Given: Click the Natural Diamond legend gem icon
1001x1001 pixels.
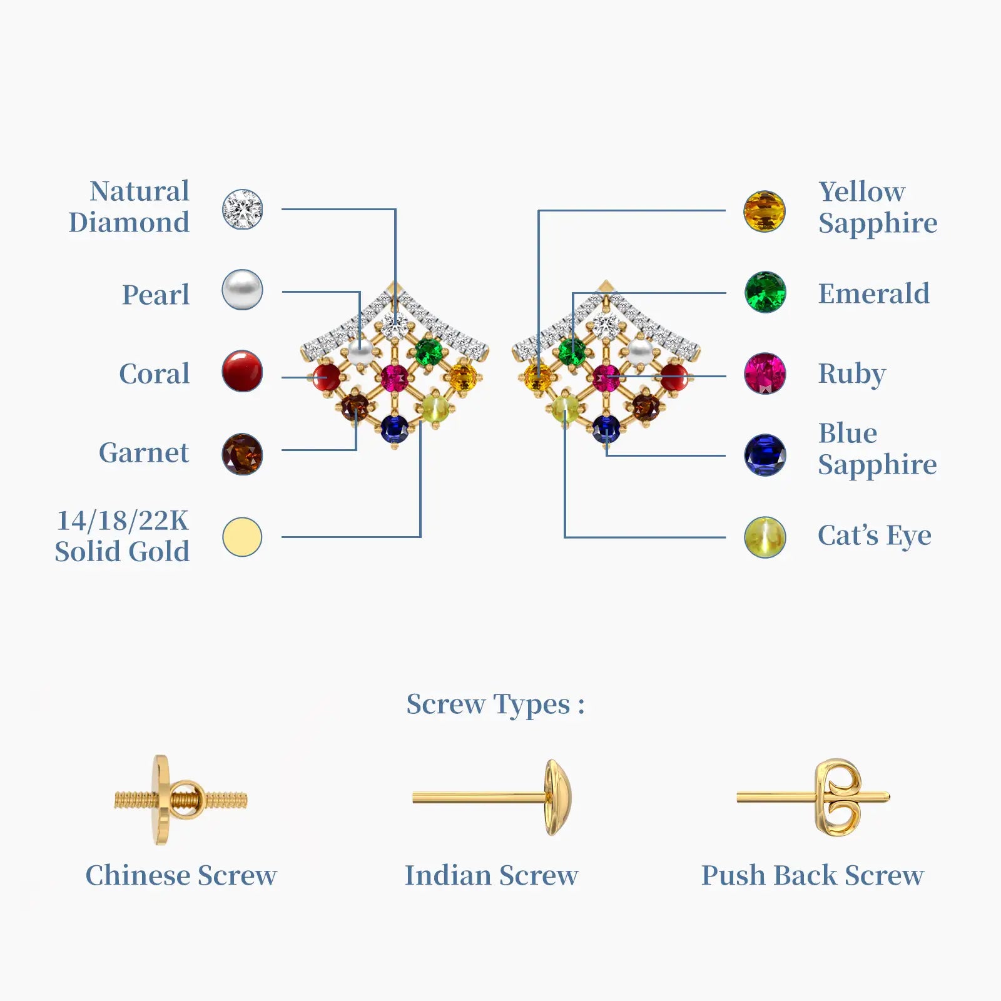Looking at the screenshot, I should pyautogui.click(x=243, y=209).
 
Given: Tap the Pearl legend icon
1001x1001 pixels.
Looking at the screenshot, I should pyautogui.click(x=243, y=290).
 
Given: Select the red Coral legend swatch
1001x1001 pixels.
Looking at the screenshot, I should pyautogui.click(x=243, y=371).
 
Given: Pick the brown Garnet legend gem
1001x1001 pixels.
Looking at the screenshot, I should pyautogui.click(x=243, y=454).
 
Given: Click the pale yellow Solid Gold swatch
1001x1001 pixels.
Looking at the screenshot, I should pyautogui.click(x=243, y=537).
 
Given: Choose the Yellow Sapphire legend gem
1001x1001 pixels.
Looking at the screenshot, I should pyautogui.click(x=765, y=211).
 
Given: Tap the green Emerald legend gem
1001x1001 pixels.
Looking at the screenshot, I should pyautogui.click(x=765, y=292).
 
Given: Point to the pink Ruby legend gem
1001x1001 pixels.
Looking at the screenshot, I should pyautogui.click(x=765, y=373).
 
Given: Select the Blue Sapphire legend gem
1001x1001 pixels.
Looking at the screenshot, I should pyautogui.click(x=765, y=455).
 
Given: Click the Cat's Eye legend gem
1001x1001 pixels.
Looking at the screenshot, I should pyautogui.click(x=765, y=537).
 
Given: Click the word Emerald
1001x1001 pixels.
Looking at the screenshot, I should pyautogui.click(x=873, y=293).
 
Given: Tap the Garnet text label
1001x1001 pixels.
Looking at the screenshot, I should pyautogui.click(x=144, y=452).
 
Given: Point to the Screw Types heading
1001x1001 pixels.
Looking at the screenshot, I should pyautogui.click(x=495, y=704).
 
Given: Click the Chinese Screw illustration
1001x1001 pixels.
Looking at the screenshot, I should pyautogui.click(x=180, y=800).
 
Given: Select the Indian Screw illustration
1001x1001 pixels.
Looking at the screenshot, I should pyautogui.click(x=492, y=798).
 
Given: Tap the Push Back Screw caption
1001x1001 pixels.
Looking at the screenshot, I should pyautogui.click(x=812, y=875).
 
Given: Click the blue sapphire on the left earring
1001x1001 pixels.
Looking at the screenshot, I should pyautogui.click(x=394, y=429).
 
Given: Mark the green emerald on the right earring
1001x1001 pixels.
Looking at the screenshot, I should pyautogui.click(x=572, y=352).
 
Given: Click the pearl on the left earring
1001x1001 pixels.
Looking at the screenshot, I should pyautogui.click(x=360, y=353).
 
